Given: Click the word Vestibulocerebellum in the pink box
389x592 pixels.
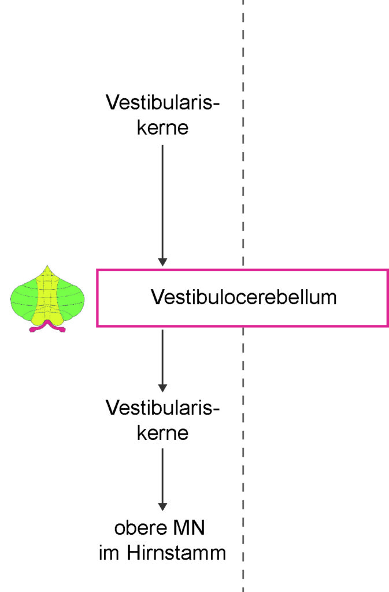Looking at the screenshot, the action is pyautogui.click(x=244, y=297).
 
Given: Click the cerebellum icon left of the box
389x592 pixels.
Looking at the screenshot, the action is pyautogui.click(x=47, y=299).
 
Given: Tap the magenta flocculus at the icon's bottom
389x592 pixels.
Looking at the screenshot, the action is pyautogui.click(x=47, y=326).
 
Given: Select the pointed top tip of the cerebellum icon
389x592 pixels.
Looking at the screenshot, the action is pyautogui.click(x=47, y=265).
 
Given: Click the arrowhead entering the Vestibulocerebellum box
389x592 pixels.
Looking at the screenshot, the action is pyautogui.click(x=162, y=262).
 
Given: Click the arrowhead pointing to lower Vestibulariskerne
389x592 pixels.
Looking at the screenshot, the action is pyautogui.click(x=162, y=388).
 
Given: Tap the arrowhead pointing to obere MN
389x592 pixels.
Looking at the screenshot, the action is pyautogui.click(x=162, y=506).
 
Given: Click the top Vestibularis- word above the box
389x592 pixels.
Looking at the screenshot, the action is pyautogui.click(x=162, y=102).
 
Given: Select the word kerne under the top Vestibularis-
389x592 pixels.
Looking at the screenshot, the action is pyautogui.click(x=162, y=127).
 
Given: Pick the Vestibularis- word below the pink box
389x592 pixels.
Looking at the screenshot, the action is pyautogui.click(x=162, y=408).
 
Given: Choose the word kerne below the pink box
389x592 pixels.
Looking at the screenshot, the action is pyautogui.click(x=162, y=432).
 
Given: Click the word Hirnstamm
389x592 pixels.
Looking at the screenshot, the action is pyautogui.click(x=176, y=553).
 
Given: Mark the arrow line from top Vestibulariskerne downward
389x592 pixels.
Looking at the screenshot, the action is pyautogui.click(x=162, y=205).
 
